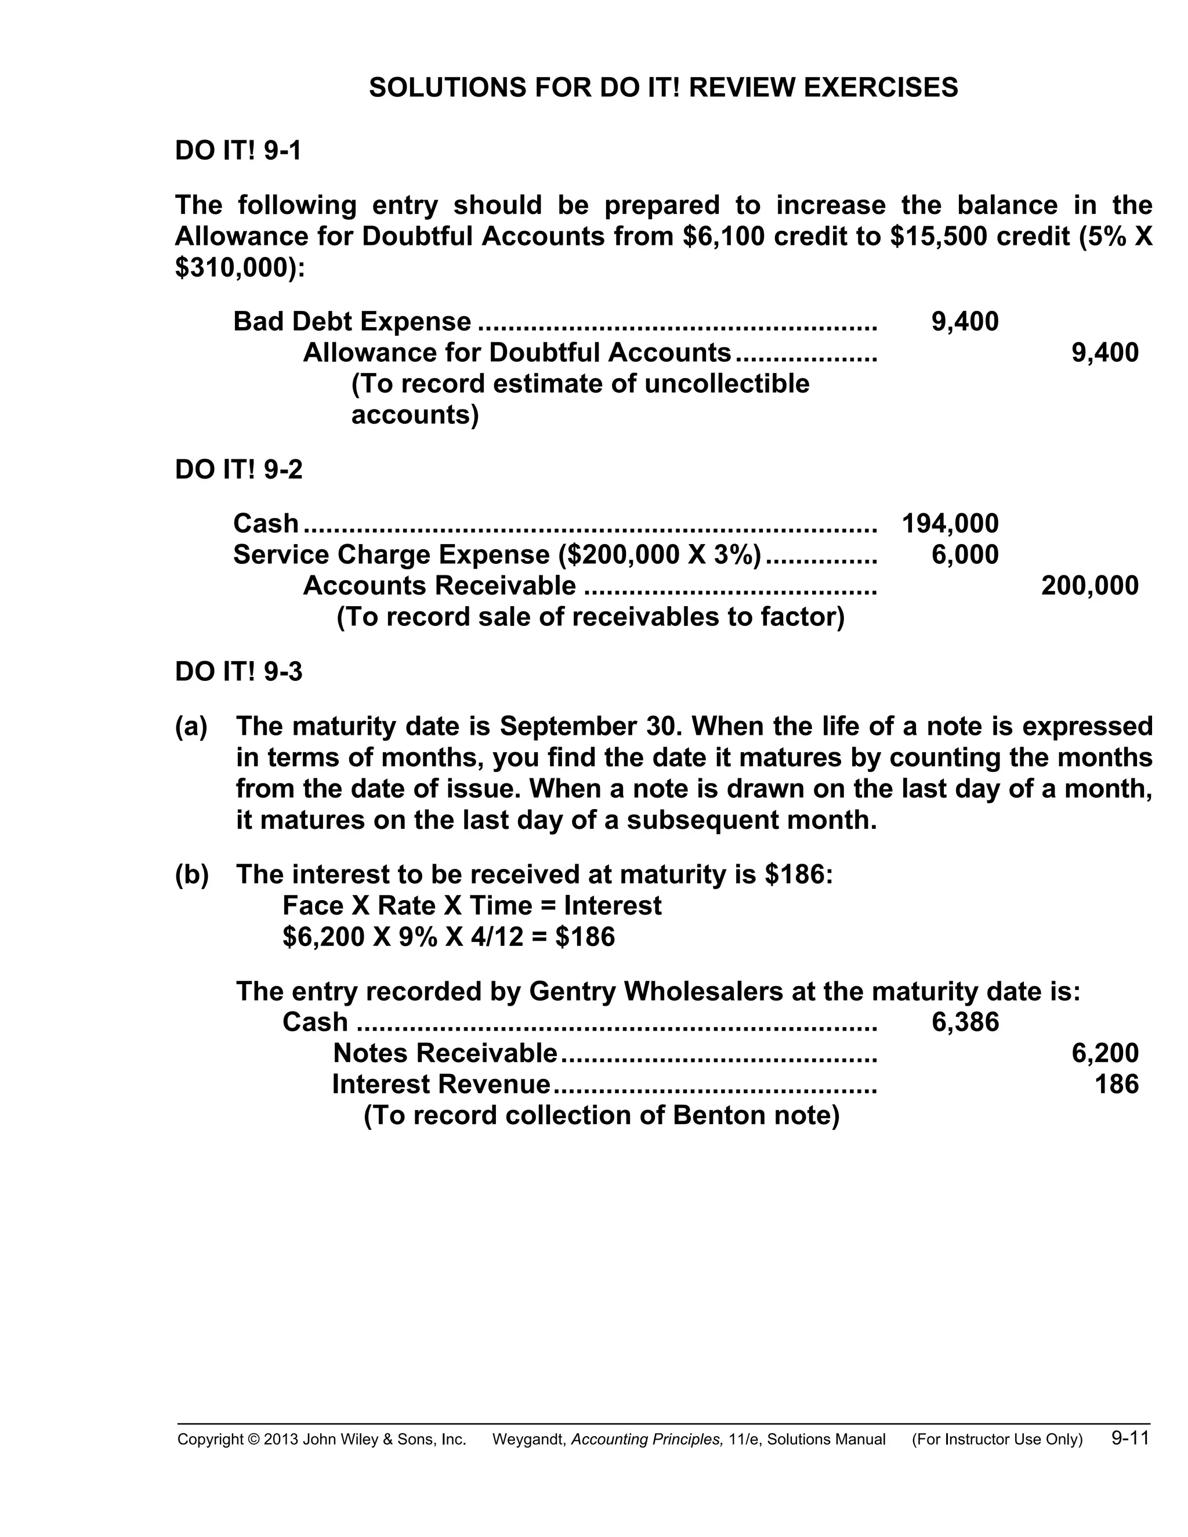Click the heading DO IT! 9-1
point(238,151)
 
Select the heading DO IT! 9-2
point(238,469)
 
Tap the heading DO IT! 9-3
point(238,672)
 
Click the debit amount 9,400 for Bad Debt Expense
point(964,322)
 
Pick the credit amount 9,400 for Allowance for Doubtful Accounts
point(1104,353)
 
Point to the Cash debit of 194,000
point(950,524)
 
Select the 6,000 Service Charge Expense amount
point(964,554)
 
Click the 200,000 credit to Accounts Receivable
point(1089,586)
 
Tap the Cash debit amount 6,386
point(964,1022)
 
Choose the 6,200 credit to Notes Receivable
point(1104,1053)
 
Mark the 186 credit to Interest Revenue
point(1116,1084)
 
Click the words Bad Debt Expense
point(352,322)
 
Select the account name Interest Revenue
point(441,1084)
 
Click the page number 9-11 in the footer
point(1129,1438)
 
